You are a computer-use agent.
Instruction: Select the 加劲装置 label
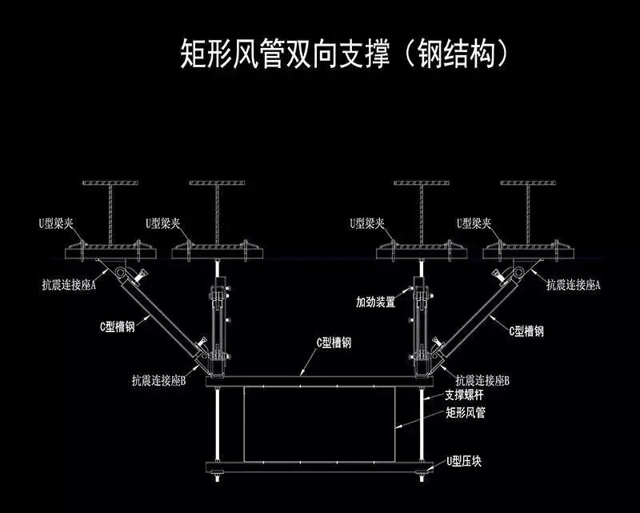pos(376,303)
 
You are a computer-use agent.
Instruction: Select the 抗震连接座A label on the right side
pos(574,283)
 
